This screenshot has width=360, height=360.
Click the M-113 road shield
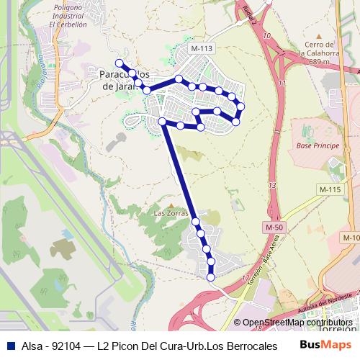[202, 48]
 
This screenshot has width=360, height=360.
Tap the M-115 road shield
[328, 189]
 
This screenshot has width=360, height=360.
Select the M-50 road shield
[272, 228]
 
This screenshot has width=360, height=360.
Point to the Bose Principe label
[312, 145]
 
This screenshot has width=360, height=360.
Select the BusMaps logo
[321, 345]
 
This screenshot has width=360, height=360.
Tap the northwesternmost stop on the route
[119, 63]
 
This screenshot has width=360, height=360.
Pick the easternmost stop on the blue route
[241, 107]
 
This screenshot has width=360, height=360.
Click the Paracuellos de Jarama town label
[121, 79]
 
